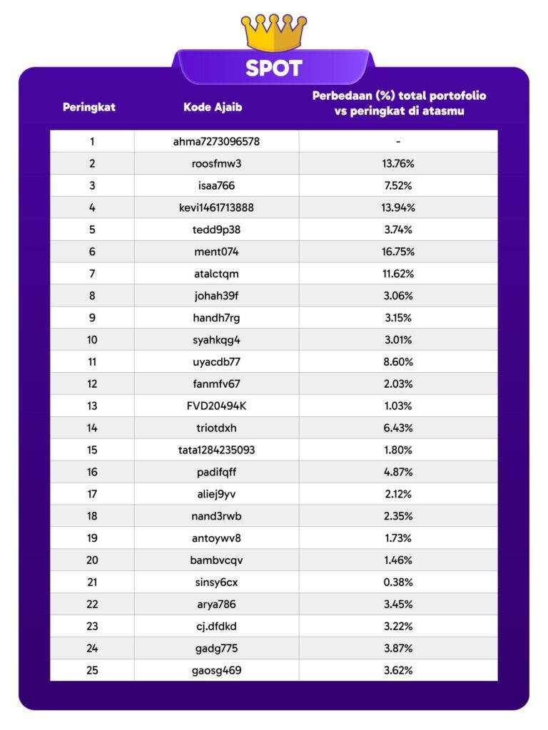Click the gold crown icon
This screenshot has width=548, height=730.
(274, 32)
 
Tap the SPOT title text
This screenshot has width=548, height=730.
(274, 68)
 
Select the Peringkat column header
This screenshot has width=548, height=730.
(89, 108)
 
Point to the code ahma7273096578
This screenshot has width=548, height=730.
(216, 141)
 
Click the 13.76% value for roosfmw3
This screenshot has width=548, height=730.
(398, 163)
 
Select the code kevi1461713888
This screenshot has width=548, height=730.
(216, 207)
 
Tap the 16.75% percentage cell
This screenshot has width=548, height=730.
(398, 252)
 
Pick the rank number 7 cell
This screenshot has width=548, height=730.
(92, 274)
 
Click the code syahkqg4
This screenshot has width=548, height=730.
(216, 339)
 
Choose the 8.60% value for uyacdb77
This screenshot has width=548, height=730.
(398, 361)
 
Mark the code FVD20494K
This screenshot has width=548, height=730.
(216, 406)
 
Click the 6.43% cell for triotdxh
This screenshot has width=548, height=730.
(398, 428)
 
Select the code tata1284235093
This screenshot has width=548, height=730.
(216, 450)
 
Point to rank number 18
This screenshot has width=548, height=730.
(92, 516)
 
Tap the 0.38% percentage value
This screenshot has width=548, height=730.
(398, 582)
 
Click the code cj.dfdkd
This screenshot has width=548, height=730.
(216, 626)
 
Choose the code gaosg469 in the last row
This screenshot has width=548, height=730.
(216, 670)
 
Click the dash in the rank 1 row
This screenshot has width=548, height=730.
(398, 141)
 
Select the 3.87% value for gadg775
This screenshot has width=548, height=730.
(398, 648)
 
